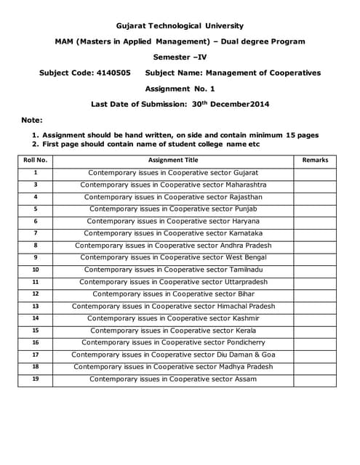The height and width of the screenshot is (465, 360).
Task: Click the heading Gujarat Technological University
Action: (180, 26)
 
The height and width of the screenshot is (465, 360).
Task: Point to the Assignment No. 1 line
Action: (180, 89)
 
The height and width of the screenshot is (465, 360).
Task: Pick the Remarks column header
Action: (315, 160)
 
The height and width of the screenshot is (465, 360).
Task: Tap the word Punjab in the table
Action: (244, 209)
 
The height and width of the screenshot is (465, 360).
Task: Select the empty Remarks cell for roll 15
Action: (315, 331)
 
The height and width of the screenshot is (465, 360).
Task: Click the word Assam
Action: (244, 379)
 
